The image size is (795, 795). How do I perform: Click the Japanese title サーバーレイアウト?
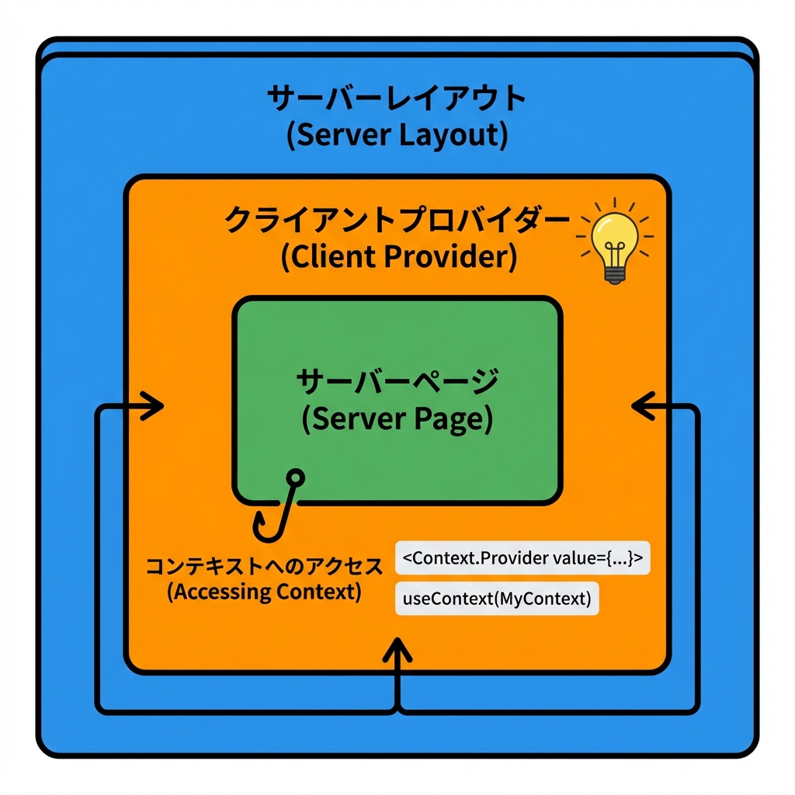coord(397,100)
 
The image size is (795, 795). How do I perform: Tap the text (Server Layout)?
coord(397,136)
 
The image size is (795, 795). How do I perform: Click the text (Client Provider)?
coord(398,257)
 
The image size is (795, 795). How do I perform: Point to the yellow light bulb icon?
coord(614,241)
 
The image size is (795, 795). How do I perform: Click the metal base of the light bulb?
coord(615,273)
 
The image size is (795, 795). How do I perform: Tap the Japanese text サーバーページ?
coord(397,383)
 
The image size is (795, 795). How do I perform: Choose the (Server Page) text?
coord(397,419)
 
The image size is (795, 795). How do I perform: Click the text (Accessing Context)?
coord(265,592)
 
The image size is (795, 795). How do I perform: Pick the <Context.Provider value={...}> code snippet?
coord(522,558)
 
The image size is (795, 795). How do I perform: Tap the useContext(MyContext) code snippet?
coord(497,599)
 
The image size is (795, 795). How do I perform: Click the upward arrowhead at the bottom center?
coord(397,647)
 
